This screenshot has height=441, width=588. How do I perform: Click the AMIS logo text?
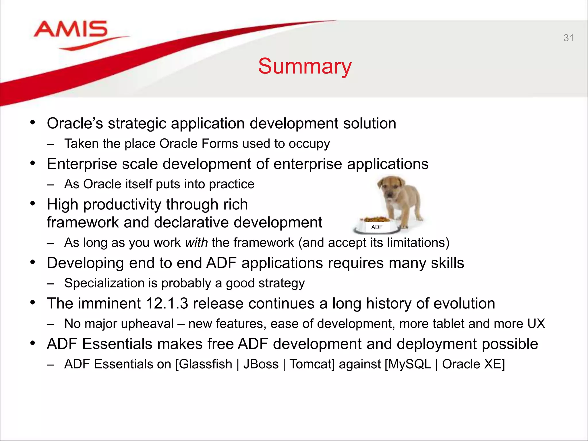71,29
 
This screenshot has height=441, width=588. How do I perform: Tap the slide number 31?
568,38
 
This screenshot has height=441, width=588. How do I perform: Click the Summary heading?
305,66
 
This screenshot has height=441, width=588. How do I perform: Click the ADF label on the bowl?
377,227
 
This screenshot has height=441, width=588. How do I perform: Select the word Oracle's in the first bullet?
75,123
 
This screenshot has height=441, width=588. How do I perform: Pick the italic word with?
196,243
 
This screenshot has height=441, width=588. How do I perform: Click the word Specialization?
104,283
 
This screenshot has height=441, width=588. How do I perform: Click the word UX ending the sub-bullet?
536,324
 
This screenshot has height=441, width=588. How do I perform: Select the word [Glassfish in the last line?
204,364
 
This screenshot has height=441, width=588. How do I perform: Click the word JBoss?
261,364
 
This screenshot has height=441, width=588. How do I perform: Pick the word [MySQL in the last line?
408,364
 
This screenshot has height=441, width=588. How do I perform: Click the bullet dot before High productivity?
33,204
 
